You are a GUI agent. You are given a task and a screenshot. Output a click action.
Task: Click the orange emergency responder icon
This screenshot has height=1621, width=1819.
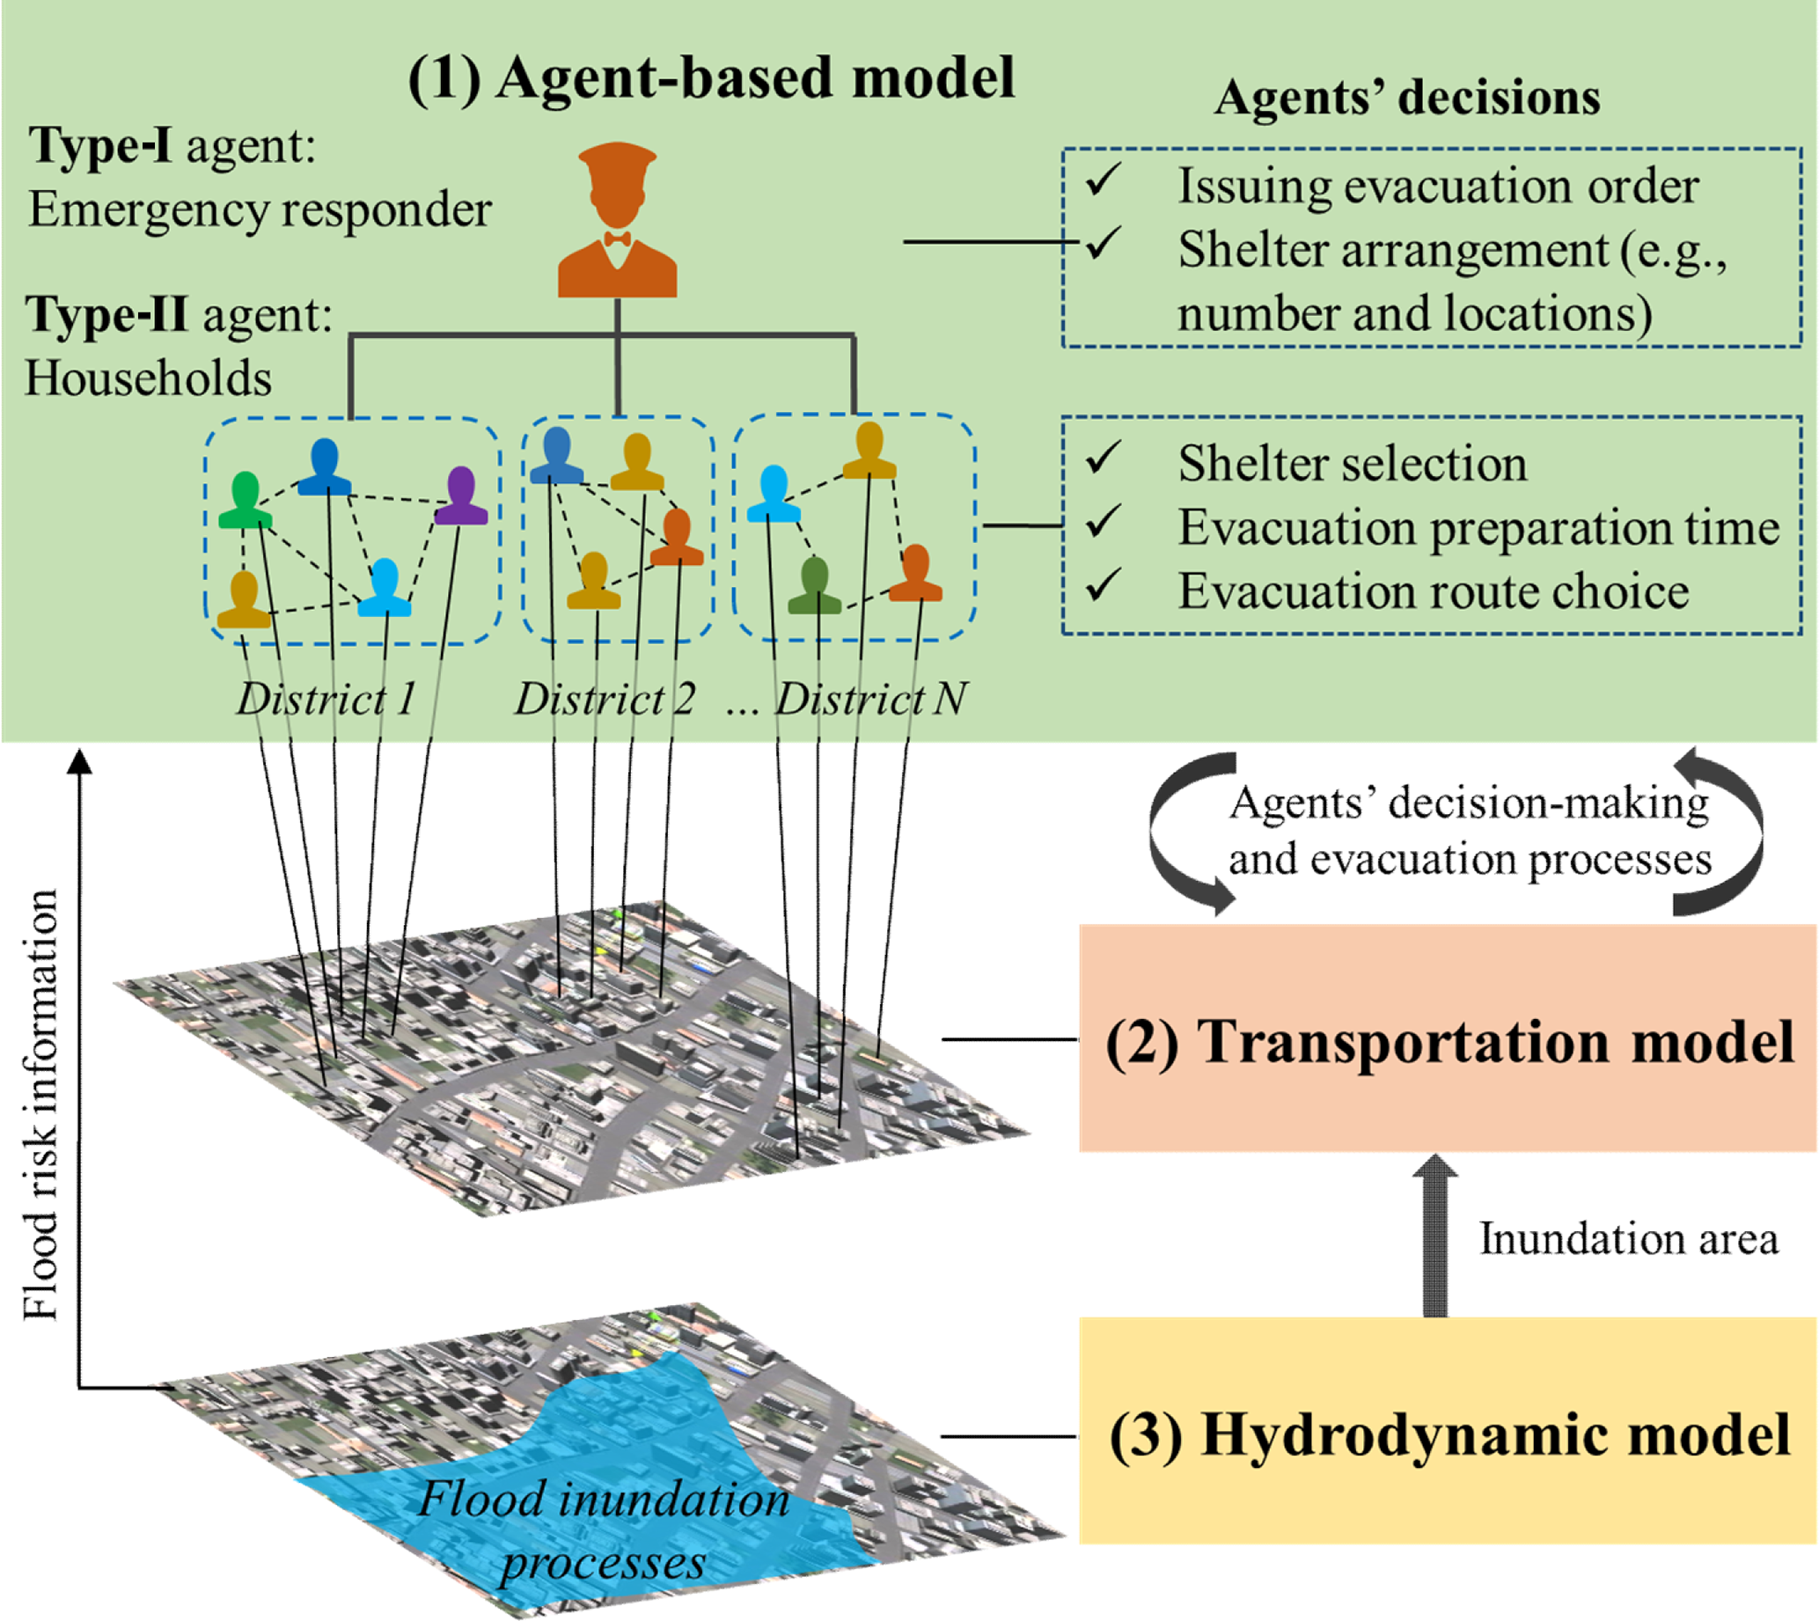coord(617,223)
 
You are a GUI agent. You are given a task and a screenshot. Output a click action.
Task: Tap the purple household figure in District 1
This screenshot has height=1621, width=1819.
coord(460,497)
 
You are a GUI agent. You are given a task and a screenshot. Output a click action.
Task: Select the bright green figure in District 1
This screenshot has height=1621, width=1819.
coord(245,502)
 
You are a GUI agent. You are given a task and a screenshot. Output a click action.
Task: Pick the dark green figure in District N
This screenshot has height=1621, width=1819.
coord(814,587)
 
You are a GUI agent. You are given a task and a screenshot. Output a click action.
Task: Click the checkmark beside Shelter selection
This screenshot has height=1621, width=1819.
coord(1104,458)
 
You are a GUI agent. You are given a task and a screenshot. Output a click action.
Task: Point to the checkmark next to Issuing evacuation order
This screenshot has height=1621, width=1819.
coord(1104,180)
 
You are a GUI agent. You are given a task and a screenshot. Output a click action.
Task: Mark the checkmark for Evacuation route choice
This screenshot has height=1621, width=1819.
coord(1104,586)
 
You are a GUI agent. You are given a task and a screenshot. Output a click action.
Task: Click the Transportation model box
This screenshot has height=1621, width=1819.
coord(1448,1038)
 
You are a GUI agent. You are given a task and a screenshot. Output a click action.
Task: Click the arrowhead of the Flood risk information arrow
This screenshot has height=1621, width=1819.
coord(80,761)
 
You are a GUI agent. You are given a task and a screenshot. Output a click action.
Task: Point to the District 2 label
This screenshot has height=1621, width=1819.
coord(605,699)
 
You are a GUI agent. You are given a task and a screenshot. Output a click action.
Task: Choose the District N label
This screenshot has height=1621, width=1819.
coord(870,699)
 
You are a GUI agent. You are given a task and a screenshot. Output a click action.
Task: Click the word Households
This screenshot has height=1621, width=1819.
coord(148,378)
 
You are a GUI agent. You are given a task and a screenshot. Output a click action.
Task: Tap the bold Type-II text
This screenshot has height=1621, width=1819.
coord(106,314)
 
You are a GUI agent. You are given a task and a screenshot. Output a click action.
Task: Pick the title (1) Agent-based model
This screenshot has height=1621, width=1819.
coord(711,77)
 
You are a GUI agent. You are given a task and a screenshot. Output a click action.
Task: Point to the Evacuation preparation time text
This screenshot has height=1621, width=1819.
coord(1478,527)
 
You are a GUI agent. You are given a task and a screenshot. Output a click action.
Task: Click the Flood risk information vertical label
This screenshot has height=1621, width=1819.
coord(41,1104)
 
